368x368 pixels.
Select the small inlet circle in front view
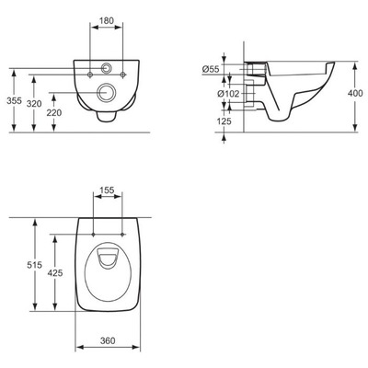pos(109,69)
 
